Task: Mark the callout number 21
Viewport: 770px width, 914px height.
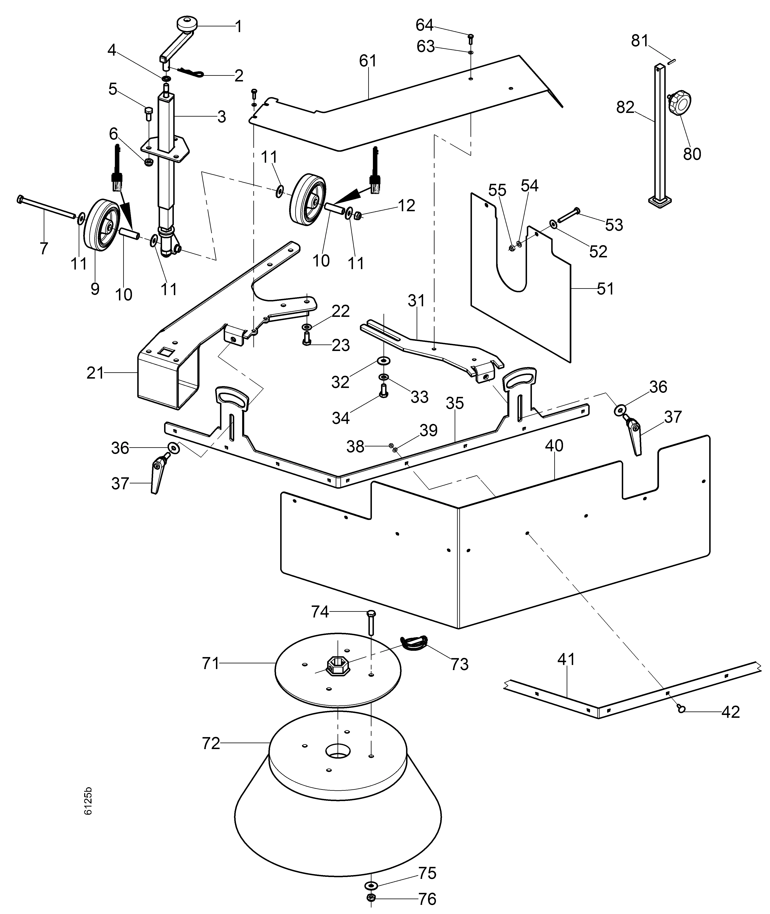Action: click(95, 373)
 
